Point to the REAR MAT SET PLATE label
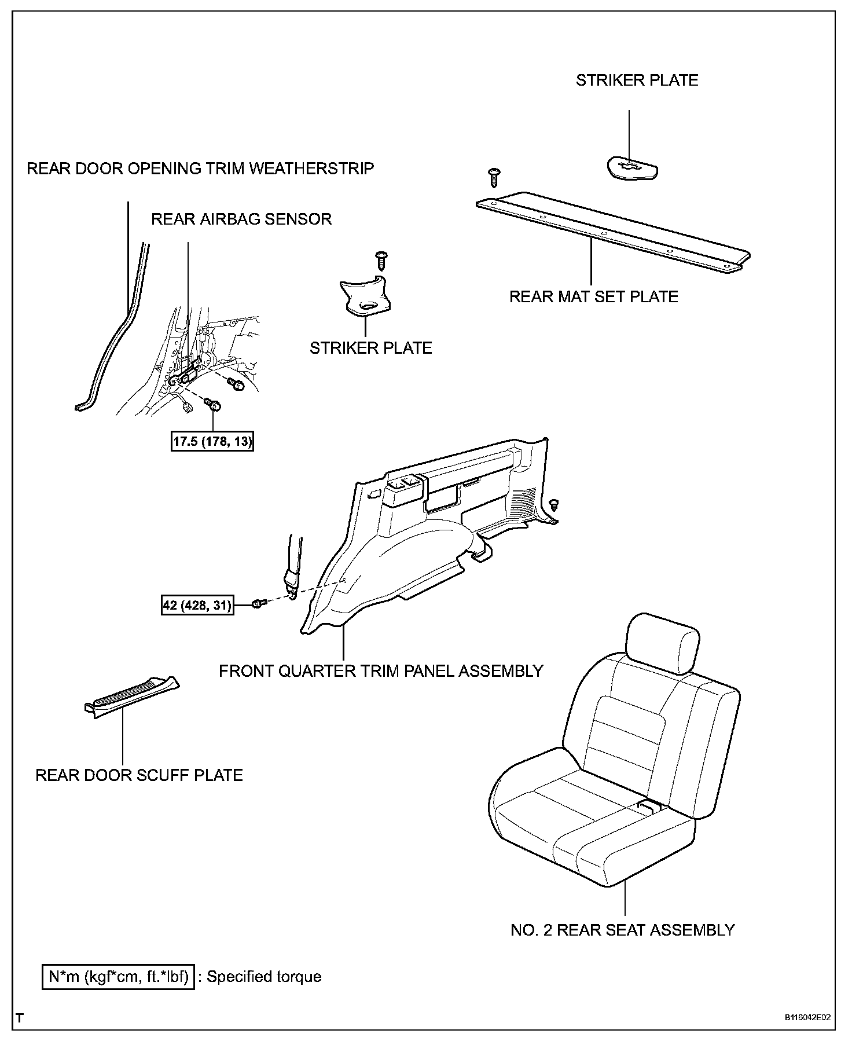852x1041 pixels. point(593,297)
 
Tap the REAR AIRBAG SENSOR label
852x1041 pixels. point(241,219)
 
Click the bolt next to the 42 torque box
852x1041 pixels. point(259,604)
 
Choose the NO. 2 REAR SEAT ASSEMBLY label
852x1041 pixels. point(622,930)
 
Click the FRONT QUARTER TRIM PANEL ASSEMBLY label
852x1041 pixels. point(381,671)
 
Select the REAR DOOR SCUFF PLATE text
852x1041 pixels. point(139,775)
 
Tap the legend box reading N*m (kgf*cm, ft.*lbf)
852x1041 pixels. point(118,977)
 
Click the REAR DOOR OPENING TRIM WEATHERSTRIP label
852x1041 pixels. point(200,168)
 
